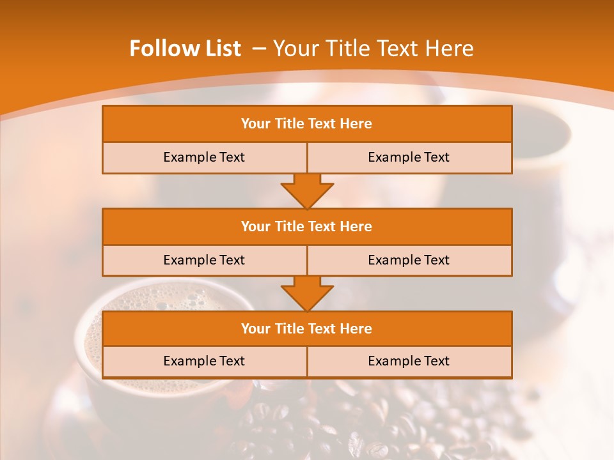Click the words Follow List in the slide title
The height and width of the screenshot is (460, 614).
pos(185,49)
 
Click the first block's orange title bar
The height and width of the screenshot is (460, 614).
pos(307,124)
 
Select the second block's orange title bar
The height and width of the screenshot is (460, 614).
pos(307,226)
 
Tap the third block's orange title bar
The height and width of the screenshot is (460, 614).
pos(307,328)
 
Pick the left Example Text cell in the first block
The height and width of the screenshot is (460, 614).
pos(204,157)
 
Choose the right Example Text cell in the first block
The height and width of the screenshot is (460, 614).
pos(409,157)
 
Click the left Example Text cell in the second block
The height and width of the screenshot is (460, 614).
pos(204,260)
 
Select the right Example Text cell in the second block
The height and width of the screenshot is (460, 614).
pos(409,260)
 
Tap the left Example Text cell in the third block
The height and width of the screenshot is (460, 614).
pos(204,361)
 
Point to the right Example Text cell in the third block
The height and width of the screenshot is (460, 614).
pos(409,361)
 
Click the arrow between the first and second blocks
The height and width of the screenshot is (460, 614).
pos(307,191)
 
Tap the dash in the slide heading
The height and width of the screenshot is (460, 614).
pos(259,49)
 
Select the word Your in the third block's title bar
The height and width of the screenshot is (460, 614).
pos(256,328)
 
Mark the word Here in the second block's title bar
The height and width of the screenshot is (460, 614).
pos(356,226)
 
